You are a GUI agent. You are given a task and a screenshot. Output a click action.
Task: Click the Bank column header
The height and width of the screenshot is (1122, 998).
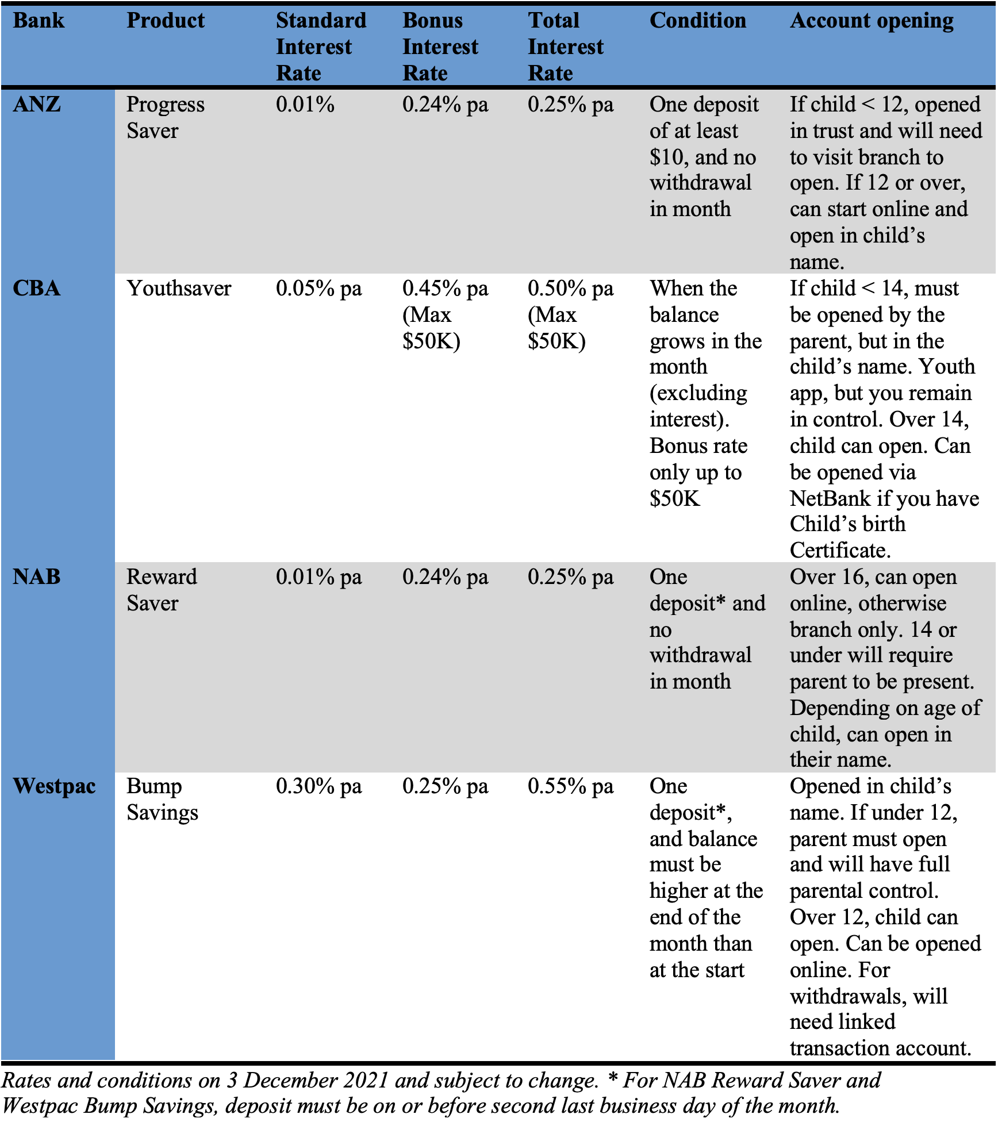click(x=39, y=21)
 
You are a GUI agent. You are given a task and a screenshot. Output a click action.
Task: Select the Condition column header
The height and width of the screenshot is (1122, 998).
click(x=697, y=21)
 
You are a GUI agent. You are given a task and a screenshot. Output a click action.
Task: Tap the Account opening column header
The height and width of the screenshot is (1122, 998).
click(x=871, y=21)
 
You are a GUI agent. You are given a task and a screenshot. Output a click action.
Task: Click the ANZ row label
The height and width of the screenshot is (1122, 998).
click(x=37, y=105)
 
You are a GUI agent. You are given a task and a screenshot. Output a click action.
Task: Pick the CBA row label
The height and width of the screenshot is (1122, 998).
click(x=37, y=288)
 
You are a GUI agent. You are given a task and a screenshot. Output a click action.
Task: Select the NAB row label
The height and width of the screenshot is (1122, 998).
click(x=37, y=577)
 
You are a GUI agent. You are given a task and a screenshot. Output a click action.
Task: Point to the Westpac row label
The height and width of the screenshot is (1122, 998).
click(x=54, y=786)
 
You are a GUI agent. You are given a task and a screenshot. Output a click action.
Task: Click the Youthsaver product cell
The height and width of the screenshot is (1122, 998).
click(x=179, y=288)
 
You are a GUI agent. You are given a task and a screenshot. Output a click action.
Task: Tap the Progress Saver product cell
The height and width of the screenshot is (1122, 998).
click(x=165, y=117)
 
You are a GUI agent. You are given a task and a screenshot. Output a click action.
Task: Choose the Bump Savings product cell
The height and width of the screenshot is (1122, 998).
click(x=162, y=799)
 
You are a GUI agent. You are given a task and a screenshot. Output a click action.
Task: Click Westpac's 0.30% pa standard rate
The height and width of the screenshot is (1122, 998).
click(x=318, y=786)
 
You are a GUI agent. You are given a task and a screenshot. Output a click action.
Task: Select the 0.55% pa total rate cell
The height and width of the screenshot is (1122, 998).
click(x=570, y=786)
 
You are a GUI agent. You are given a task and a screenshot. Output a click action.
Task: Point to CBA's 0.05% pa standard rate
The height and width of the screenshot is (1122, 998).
click(x=318, y=288)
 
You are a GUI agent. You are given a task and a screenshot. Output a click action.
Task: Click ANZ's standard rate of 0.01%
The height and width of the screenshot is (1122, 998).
click(x=305, y=105)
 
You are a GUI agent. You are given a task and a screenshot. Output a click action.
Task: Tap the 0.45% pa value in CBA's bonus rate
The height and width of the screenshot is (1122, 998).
click(x=445, y=288)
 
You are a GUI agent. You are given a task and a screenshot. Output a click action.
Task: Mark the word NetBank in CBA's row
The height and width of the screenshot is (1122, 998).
click(x=830, y=498)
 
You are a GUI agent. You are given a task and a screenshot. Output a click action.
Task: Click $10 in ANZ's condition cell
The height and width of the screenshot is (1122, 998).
click(x=666, y=157)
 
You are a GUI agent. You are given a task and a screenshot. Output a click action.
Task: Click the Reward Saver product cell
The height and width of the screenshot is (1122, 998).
click(x=162, y=590)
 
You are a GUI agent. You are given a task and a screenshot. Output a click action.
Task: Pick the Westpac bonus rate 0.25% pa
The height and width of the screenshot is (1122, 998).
click(x=445, y=786)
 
